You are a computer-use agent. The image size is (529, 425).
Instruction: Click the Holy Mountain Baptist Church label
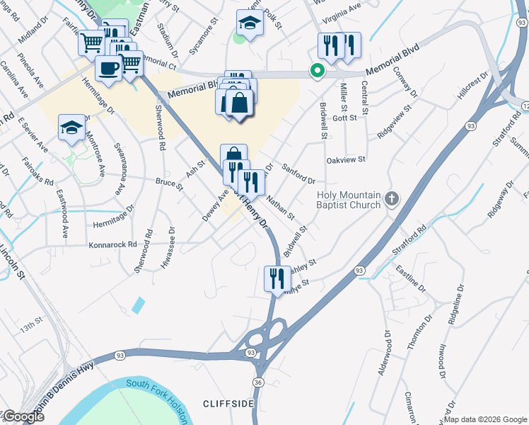pos(349,200)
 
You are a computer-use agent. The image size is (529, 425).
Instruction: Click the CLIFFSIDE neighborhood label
pos(228,403)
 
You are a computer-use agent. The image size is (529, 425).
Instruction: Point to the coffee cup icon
pos(108,68)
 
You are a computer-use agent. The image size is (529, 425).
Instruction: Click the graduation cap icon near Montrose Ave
pos(71,127)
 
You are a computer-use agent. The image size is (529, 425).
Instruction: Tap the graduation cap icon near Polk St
pos(250,23)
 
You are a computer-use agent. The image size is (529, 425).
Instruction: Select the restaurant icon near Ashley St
pos(277,277)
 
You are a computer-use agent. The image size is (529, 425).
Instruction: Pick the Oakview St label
pos(346,160)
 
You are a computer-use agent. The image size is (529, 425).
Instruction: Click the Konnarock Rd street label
pos(112,244)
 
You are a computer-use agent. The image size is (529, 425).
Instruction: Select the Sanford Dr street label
pos(298,174)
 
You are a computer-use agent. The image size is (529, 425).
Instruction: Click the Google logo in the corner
pos(23,416)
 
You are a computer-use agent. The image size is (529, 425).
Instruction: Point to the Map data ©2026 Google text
pos(485,419)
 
